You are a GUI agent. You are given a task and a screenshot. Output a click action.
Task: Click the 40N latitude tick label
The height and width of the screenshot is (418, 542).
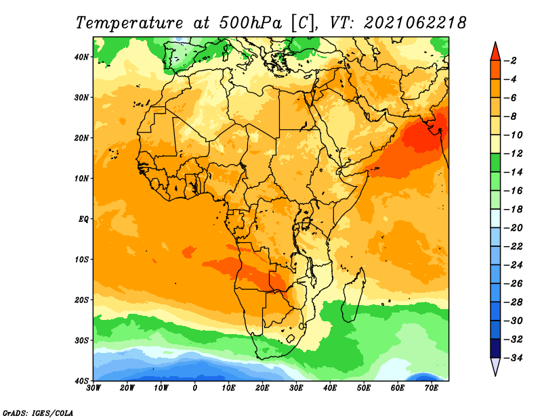point(81,57)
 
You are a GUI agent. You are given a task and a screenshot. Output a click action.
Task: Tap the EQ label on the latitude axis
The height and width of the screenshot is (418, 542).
point(83,219)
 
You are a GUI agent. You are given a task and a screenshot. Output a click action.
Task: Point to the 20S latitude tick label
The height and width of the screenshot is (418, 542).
point(81,300)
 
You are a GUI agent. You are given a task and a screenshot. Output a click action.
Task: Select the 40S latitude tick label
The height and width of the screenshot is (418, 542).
point(81,381)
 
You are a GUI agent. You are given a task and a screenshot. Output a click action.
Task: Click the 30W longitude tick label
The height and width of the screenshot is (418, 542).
point(93,388)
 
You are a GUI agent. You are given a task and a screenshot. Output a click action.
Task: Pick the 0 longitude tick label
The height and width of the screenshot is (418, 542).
point(195,388)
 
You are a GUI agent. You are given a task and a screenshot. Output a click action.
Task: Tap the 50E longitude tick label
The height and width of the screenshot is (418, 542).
point(364,388)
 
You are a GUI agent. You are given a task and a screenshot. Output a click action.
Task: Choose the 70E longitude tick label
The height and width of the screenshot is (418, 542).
point(432,388)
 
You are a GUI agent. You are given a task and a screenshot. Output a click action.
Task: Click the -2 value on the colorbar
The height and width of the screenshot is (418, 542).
point(511,61)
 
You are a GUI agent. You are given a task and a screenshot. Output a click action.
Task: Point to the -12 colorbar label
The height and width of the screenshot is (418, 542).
point(514,154)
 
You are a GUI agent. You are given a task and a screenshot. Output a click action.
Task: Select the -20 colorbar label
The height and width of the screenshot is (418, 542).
point(514,228)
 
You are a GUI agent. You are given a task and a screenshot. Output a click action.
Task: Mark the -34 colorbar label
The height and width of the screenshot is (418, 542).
point(514,358)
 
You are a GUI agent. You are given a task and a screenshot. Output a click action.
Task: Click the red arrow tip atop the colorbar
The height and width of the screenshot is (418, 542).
point(495,43)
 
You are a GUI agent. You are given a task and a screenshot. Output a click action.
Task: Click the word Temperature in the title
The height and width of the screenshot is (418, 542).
point(129,23)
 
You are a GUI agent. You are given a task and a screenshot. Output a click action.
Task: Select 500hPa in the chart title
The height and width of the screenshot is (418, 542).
point(250,23)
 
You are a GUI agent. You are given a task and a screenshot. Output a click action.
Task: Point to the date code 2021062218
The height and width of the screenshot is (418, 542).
point(415,23)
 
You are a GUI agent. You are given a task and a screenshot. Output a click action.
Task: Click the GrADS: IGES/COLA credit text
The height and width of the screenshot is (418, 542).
point(38,413)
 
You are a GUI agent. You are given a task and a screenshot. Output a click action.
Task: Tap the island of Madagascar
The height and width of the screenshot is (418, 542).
point(354,296)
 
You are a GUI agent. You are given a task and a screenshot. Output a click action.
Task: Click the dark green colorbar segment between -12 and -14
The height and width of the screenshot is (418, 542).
point(495,163)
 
